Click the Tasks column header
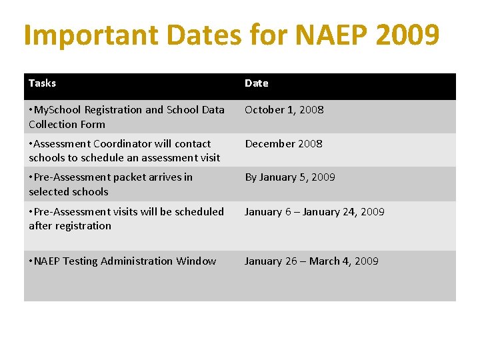pyautogui.click(x=42, y=83)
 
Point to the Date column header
pyautogui.click(x=256, y=83)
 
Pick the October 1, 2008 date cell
pyautogui.click(x=284, y=110)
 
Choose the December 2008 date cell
pyautogui.click(x=283, y=144)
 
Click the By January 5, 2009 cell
pyautogui.click(x=289, y=177)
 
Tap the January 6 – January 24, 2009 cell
pyautogui.click(x=314, y=212)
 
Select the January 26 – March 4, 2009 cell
pyautogui.click(x=311, y=261)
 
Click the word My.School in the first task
pyautogui.click(x=57, y=110)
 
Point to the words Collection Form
pyautogui.click(x=67, y=125)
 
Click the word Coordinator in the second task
pyautogui.click(x=119, y=144)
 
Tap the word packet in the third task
pyautogui.click(x=144, y=177)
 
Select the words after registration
pyautogui.click(x=70, y=226)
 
